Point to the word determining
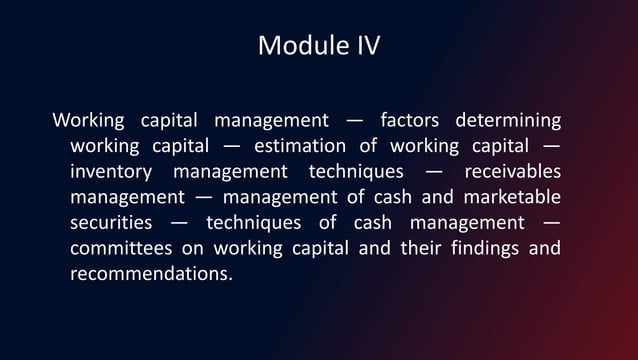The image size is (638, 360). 508,122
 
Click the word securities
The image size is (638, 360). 111,222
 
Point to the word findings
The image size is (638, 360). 480,247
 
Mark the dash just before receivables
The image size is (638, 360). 434,172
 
